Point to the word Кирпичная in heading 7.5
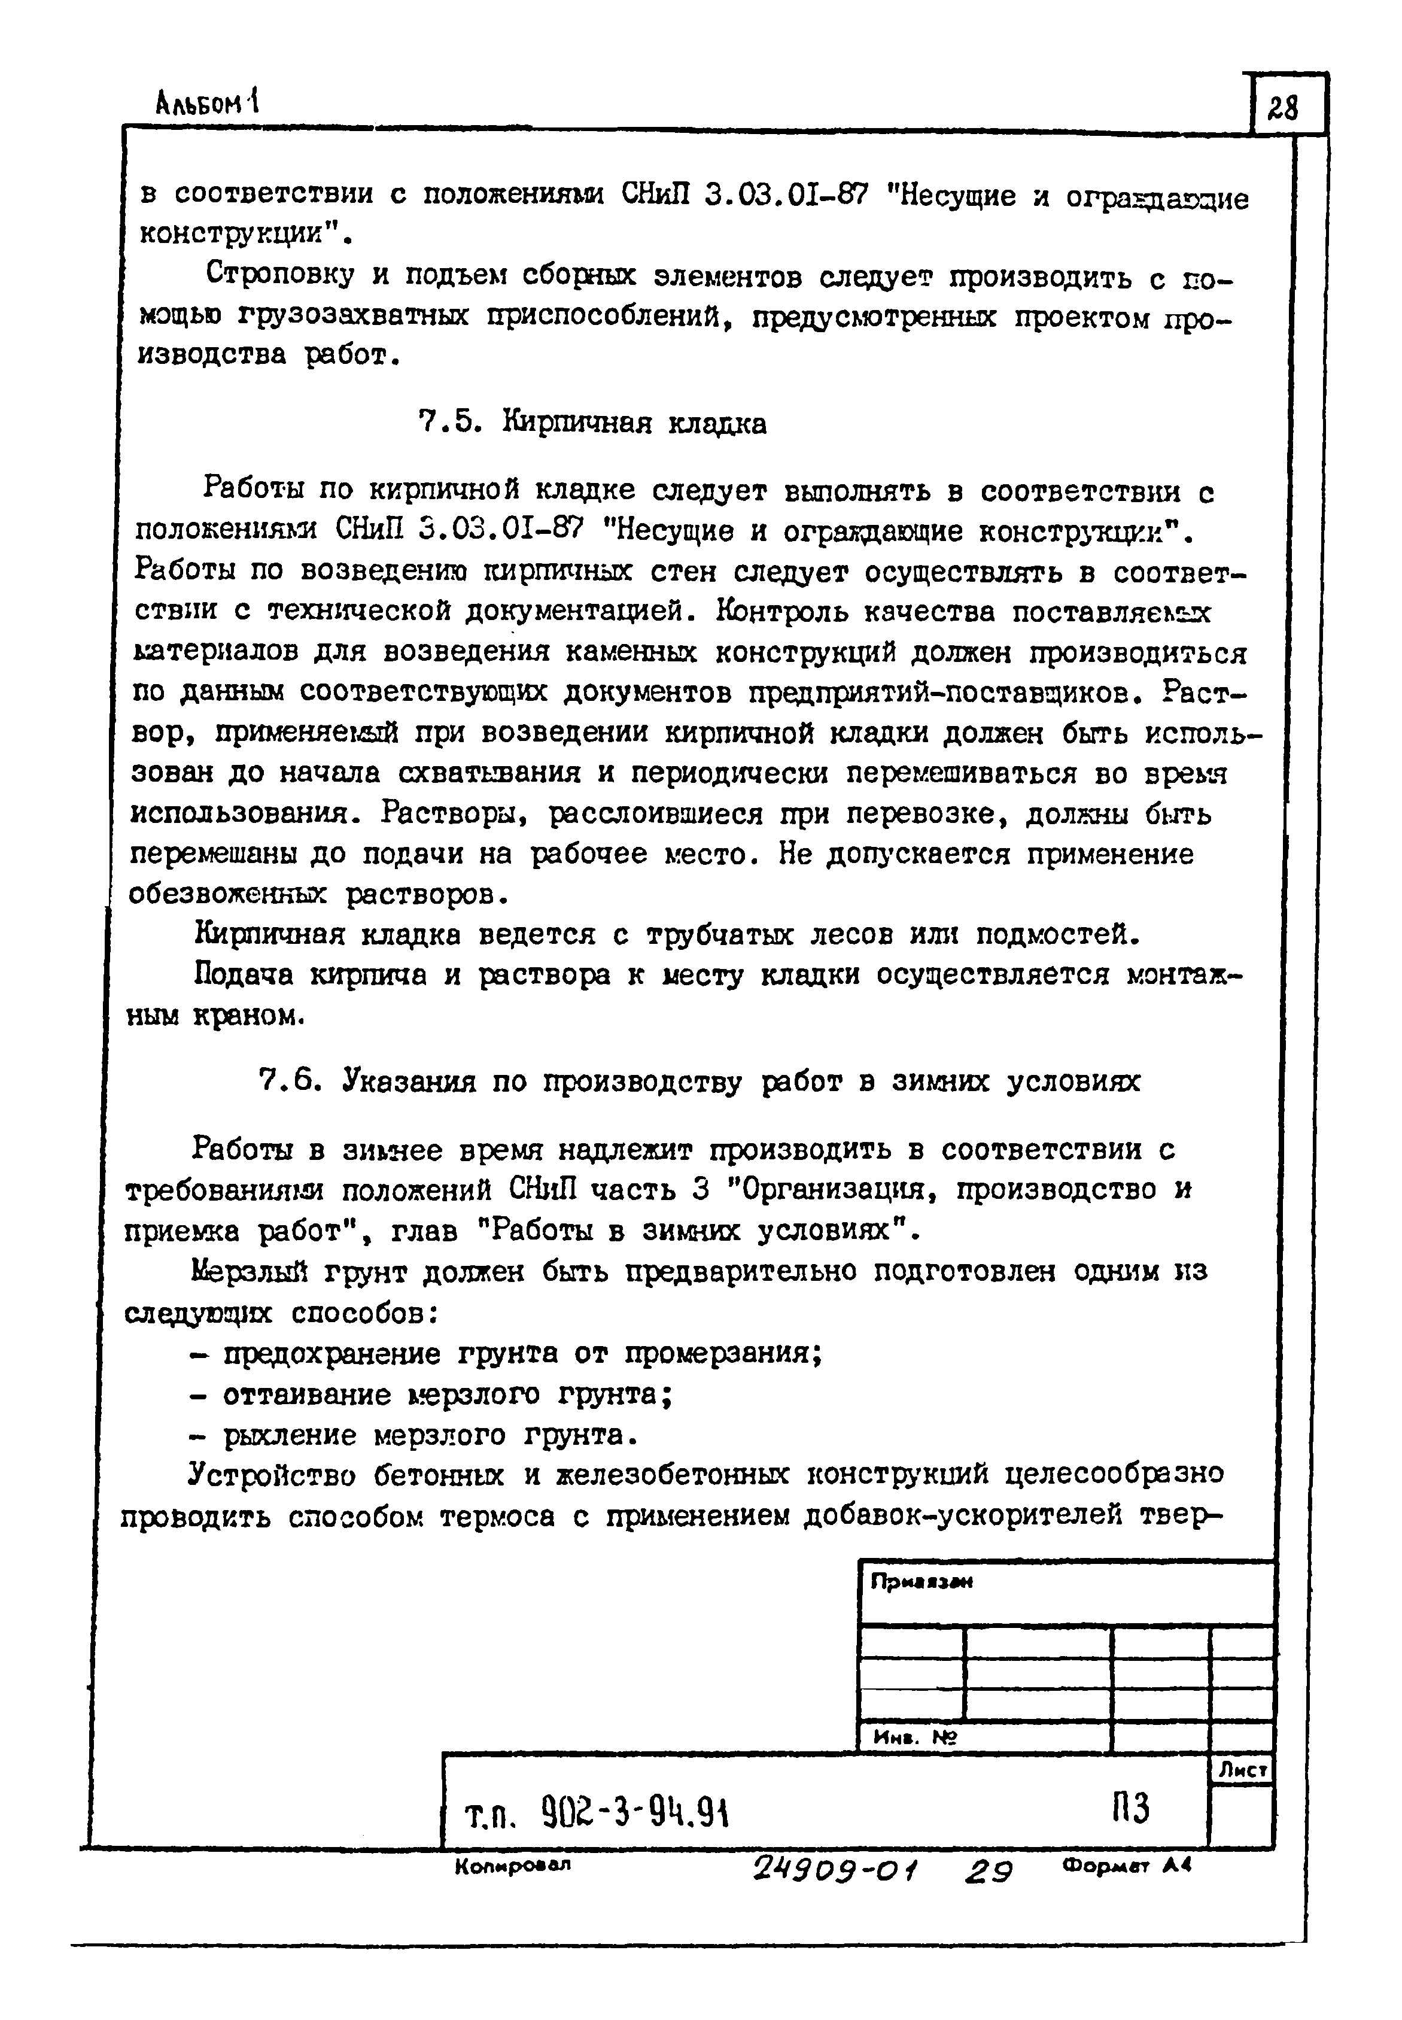click(576, 424)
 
